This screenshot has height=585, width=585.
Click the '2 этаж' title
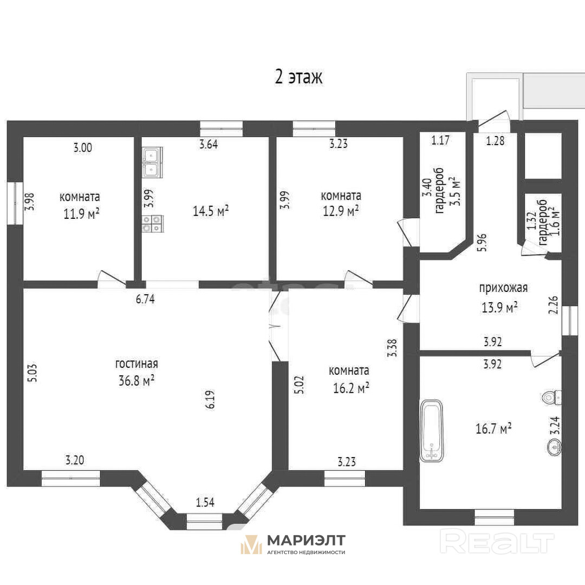(298, 77)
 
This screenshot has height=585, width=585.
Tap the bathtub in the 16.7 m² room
(432, 431)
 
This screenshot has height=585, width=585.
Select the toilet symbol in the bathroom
(552, 398)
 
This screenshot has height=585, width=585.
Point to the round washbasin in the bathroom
(555, 447)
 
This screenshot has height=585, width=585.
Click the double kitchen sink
(152, 161)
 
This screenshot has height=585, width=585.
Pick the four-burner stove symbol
(152, 224)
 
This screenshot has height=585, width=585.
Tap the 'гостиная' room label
(136, 363)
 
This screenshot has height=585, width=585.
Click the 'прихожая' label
(503, 288)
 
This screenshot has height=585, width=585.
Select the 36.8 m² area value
(136, 381)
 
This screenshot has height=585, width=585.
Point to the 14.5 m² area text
(211, 211)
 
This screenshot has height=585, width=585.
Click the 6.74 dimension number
(145, 299)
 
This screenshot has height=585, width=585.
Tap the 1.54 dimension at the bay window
(205, 503)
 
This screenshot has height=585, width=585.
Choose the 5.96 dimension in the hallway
(483, 243)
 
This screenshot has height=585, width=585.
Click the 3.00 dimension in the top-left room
(82, 148)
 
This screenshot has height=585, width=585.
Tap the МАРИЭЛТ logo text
(306, 540)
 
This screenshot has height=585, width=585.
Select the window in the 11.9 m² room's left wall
(15, 203)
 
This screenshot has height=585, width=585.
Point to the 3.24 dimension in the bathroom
(555, 425)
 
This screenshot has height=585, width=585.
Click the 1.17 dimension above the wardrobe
(440, 140)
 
